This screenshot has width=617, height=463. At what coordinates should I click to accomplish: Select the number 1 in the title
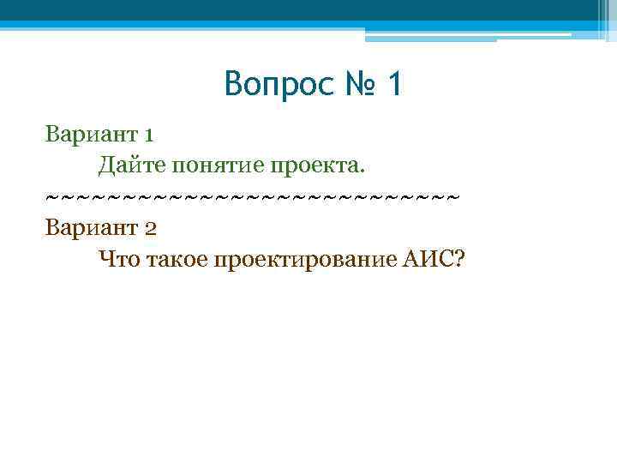pos(394,85)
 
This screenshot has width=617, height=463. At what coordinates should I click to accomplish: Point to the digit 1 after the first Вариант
pos(149,135)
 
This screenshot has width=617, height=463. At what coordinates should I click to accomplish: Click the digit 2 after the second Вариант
pos(150,229)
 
